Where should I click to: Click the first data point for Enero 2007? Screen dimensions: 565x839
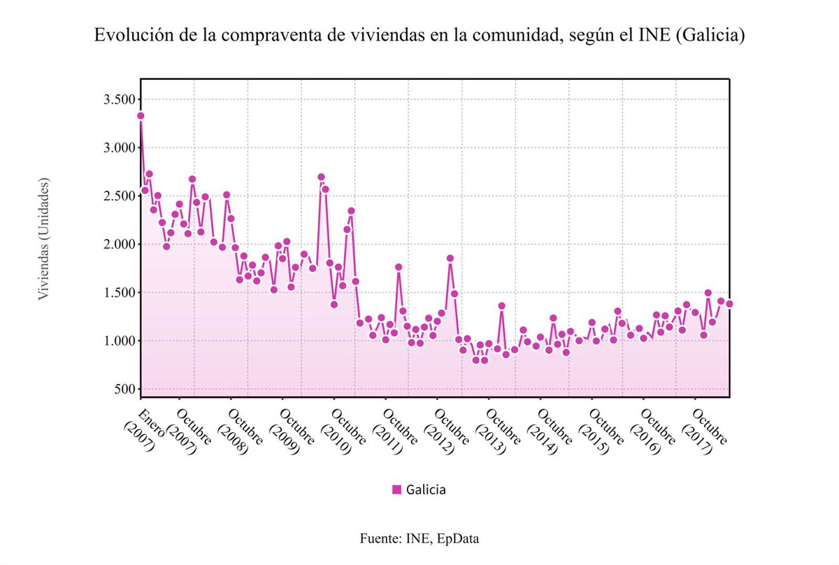[141, 115]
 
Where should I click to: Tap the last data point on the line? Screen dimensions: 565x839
[729, 303]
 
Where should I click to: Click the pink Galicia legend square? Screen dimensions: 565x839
[396, 489]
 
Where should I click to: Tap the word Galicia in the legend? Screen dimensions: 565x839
[426, 489]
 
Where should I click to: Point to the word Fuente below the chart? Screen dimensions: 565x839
[380, 538]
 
